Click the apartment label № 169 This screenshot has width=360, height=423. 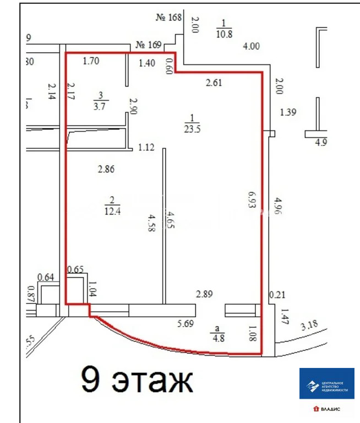coord(148,45)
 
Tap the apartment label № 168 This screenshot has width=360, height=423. coord(169,17)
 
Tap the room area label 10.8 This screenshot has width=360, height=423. coord(224,32)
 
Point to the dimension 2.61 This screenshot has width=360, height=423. coord(214,83)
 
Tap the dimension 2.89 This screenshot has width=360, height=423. coord(205,295)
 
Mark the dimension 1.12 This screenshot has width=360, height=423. coord(147,147)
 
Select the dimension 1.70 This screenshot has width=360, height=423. coord(90,61)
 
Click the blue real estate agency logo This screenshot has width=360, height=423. coord(327,383)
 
